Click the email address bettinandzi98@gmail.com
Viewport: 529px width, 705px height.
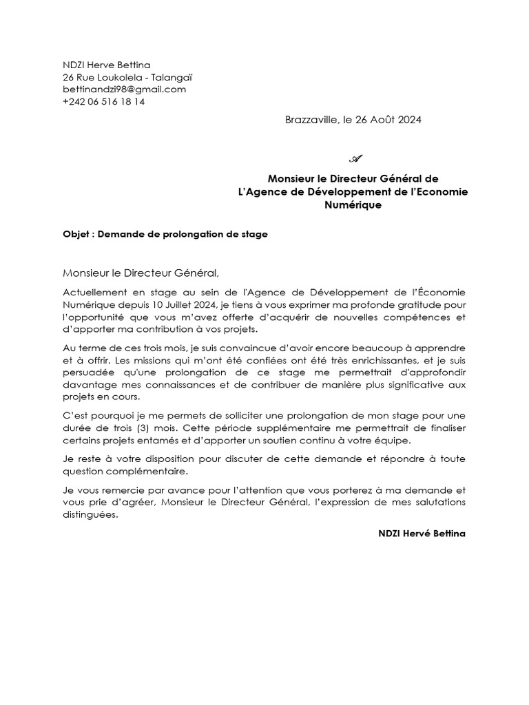(125, 90)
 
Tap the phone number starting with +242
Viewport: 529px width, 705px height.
(103, 102)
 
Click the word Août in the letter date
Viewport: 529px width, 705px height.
(386, 120)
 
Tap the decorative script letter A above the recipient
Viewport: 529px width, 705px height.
(356, 158)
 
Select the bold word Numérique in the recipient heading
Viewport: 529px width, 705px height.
(353, 204)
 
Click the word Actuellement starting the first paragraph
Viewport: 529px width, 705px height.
(97, 293)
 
